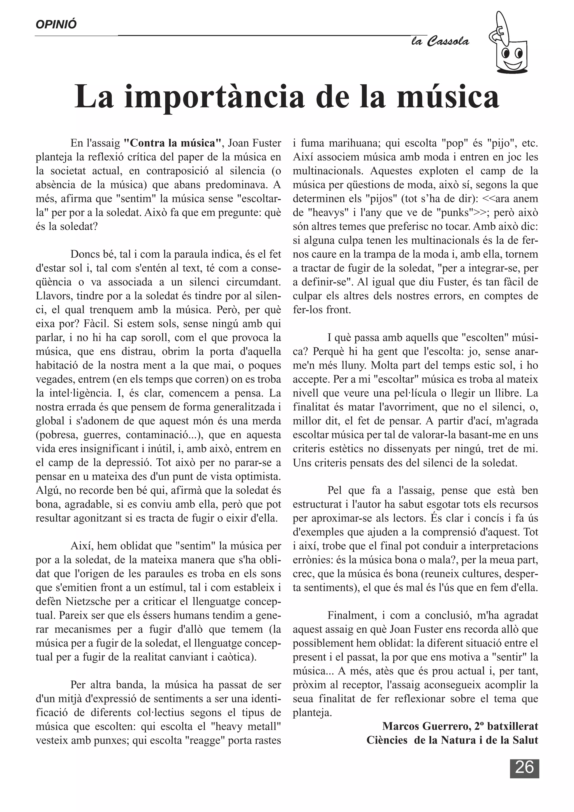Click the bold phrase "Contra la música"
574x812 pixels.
pyautogui.click(x=172, y=144)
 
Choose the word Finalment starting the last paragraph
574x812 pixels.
pyautogui.click(x=352, y=615)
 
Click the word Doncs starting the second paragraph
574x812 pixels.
pyautogui.click(x=84, y=254)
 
